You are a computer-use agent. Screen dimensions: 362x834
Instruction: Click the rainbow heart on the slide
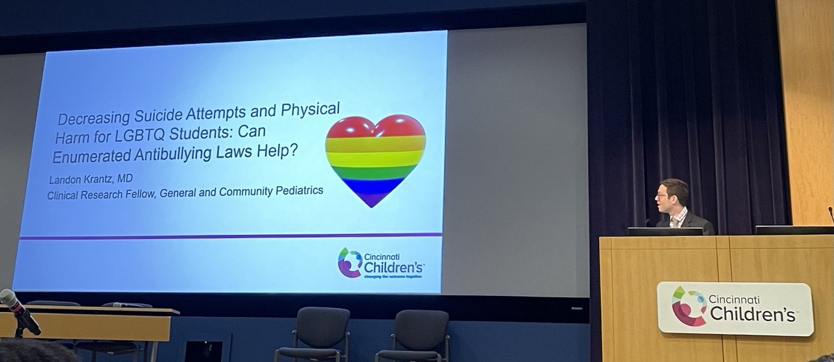tap(375, 159)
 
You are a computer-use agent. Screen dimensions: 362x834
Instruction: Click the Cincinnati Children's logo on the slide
tap(381, 263)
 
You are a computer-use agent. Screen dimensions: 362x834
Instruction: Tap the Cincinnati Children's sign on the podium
tap(735, 308)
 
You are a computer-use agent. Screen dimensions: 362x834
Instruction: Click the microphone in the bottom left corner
tap(19, 310)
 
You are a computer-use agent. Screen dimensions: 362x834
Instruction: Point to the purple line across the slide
tap(229, 237)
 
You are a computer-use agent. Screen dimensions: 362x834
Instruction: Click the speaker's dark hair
tap(674, 186)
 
